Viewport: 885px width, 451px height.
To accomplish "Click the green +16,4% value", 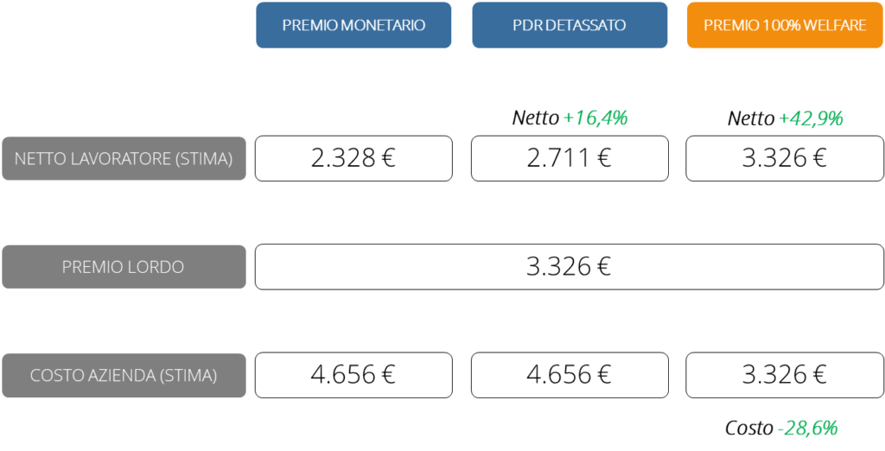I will coord(595,118).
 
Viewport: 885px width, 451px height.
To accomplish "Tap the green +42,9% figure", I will coord(810,119).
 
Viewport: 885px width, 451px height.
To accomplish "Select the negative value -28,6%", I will coord(807,428).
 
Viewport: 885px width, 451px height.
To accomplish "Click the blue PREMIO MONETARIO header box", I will coord(353,25).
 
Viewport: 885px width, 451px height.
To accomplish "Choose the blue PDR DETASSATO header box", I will coord(570,25).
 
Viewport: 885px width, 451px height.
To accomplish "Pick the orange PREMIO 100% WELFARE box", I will coord(785,25).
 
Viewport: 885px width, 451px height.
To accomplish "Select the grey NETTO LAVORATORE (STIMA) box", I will coord(124,158).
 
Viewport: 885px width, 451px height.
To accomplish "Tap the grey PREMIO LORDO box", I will coord(124,267).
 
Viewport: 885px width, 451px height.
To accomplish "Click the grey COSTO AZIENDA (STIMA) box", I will coord(124,376).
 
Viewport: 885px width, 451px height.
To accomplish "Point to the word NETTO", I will coord(38,159).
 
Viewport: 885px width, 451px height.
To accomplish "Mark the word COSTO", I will coord(54,377).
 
